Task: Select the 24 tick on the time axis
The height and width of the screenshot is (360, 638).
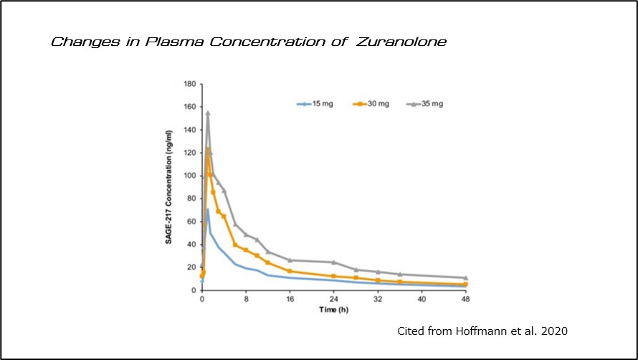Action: click(x=333, y=299)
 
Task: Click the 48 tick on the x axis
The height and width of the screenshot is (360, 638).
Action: click(x=465, y=299)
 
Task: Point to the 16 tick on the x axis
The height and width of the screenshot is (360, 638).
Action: click(x=290, y=299)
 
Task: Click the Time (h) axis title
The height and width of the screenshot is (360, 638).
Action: click(x=333, y=309)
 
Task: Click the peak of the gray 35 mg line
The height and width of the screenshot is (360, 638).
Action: click(x=208, y=113)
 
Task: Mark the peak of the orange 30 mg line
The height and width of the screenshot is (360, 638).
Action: click(x=208, y=149)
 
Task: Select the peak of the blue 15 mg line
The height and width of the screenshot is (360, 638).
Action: click(x=208, y=209)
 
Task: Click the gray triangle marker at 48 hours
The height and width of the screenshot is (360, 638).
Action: click(x=465, y=278)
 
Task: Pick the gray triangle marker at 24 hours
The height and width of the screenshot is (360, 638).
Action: click(x=333, y=262)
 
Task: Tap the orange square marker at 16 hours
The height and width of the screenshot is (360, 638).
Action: click(x=290, y=271)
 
